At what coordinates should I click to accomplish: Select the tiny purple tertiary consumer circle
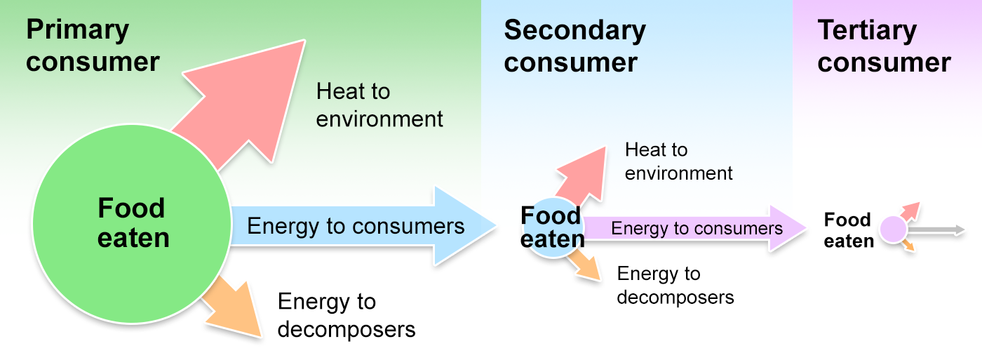893,229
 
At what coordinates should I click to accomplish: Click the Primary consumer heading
93,46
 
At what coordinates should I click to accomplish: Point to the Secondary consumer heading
574,46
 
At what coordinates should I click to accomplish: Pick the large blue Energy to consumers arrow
358,226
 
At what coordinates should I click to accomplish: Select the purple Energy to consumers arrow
694,229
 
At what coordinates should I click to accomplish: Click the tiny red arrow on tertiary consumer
910,211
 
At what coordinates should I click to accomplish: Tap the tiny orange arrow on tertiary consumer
908,245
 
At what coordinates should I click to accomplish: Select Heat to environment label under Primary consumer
379,105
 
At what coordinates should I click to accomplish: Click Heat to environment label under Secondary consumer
678,161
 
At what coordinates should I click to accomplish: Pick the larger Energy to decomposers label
347,315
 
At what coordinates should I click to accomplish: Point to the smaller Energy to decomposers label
675,285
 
